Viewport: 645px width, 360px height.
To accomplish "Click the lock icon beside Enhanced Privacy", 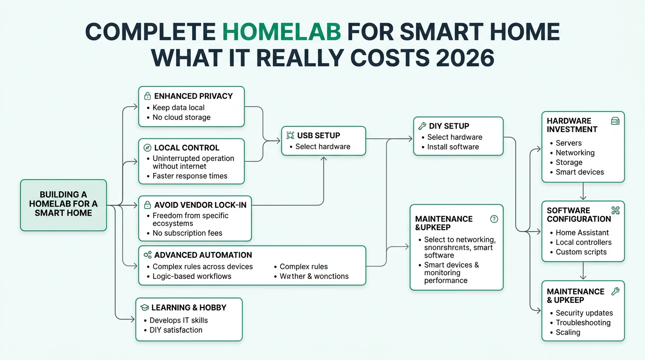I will pyautogui.click(x=147, y=96).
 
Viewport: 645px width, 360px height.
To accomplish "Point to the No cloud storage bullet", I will pyautogui.click(x=181, y=117).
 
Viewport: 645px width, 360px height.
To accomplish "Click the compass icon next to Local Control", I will pyautogui.click(x=147, y=148).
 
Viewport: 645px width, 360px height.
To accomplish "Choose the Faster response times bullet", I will pyautogui.click(x=190, y=176).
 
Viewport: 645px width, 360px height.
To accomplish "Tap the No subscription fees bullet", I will pyautogui.click(x=187, y=233).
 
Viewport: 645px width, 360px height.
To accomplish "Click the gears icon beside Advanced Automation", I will pyautogui.click(x=147, y=255).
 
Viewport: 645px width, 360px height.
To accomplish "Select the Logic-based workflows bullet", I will pyautogui.click(x=192, y=276).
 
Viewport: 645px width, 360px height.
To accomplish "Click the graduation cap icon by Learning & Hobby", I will pyautogui.click(x=144, y=307).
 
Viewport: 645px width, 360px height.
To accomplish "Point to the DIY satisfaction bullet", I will pyautogui.click(x=176, y=330).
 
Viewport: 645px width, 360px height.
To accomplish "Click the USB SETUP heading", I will pyautogui.click(x=317, y=135).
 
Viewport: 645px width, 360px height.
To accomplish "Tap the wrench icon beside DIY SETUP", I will pyautogui.click(x=421, y=126).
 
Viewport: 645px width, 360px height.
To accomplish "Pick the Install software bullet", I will pyautogui.click(x=453, y=147).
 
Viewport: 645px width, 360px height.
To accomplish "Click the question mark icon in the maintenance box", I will pyautogui.click(x=494, y=219).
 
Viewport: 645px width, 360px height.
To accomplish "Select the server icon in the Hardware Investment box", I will pyautogui.click(x=615, y=121).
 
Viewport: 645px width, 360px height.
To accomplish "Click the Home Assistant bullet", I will pyautogui.click(x=582, y=232).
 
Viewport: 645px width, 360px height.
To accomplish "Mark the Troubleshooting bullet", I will pyautogui.click(x=583, y=322).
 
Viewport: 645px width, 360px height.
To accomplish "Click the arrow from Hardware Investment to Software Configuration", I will pyautogui.click(x=583, y=191).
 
